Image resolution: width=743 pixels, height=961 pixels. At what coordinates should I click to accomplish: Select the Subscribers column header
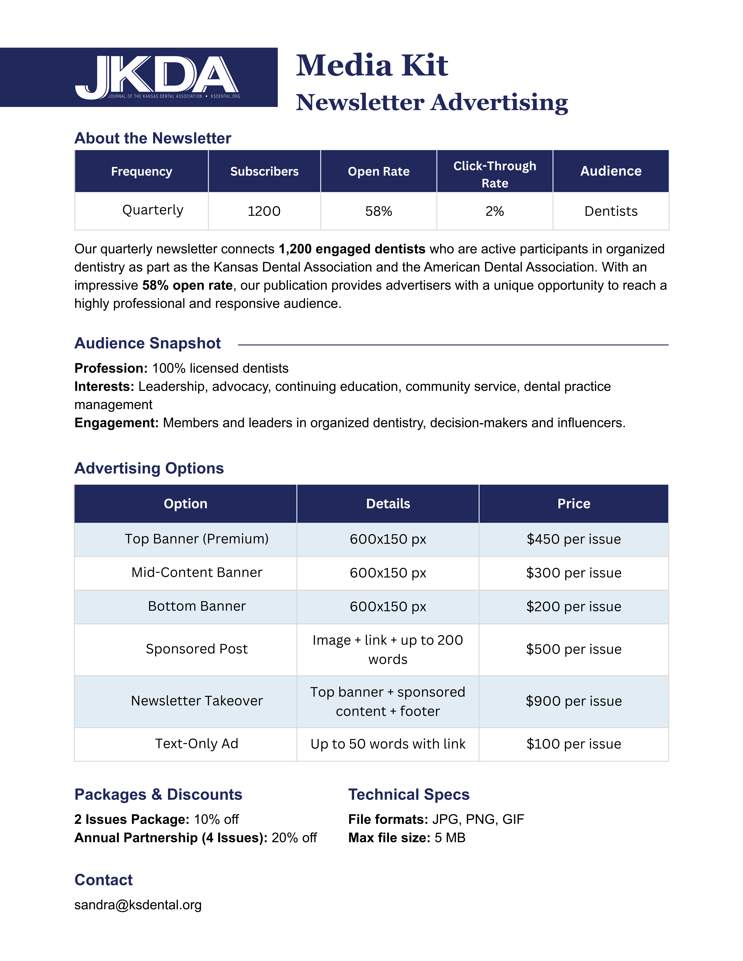point(264,171)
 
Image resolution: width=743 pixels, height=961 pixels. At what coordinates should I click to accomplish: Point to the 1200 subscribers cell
point(264,211)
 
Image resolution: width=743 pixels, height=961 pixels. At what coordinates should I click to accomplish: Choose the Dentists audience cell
point(610,211)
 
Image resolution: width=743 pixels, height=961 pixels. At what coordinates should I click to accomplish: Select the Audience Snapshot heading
point(147,343)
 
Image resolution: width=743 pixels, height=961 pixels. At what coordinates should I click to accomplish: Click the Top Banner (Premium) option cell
point(196,539)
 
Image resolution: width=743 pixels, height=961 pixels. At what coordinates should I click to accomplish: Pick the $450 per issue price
point(574,539)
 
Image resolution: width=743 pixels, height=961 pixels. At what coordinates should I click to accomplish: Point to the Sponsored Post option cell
point(196,649)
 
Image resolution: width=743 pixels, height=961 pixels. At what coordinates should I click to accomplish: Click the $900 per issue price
point(574,701)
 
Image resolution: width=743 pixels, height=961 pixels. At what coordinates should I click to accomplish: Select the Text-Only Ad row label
point(196,744)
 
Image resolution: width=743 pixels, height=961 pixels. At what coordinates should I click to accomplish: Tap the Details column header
point(388,504)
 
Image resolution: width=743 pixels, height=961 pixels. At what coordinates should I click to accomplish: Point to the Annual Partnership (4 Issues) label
point(171,838)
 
